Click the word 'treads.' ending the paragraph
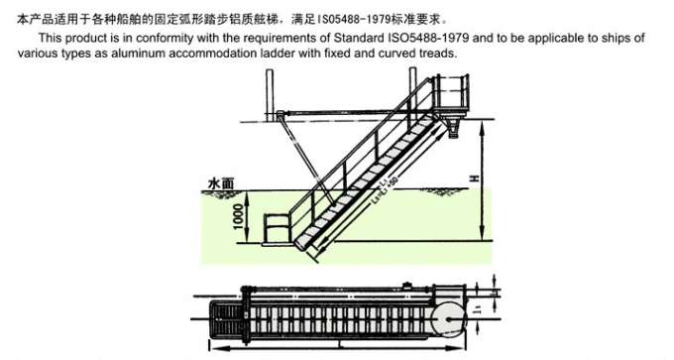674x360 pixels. pos(436,54)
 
